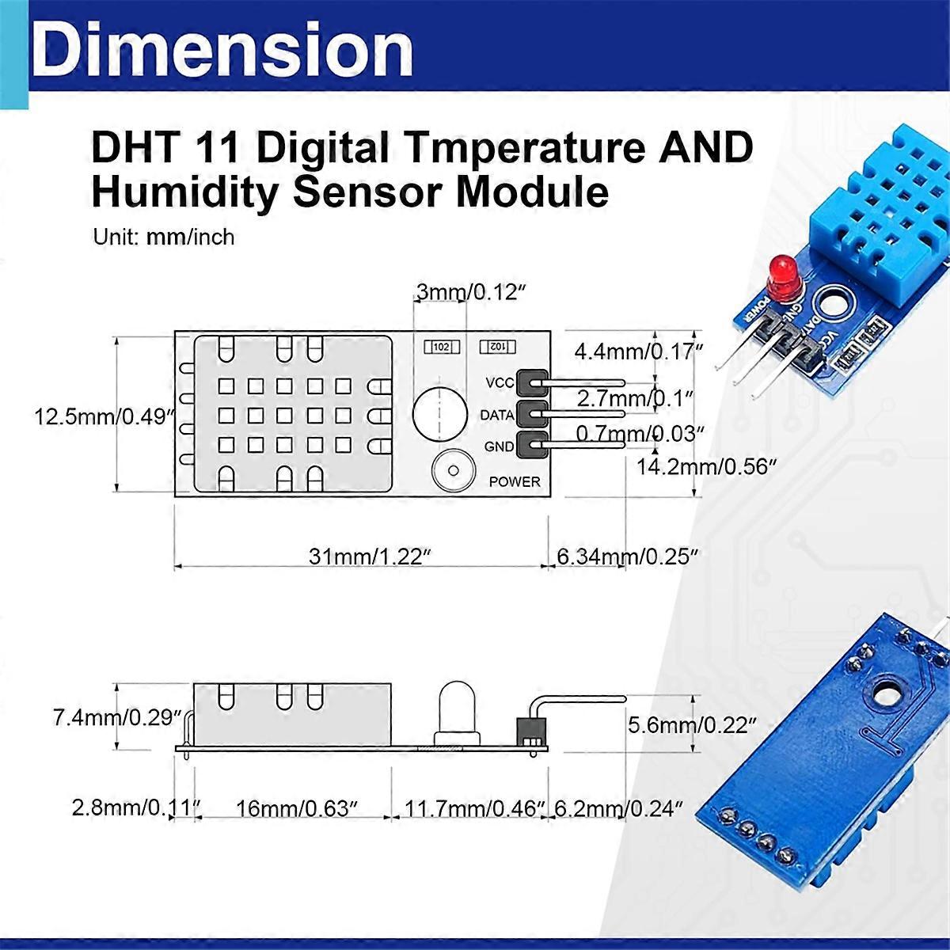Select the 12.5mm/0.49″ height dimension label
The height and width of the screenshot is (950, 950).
[104, 416]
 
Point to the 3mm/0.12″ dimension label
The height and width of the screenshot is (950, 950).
[472, 292]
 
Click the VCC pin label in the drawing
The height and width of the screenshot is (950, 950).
[500, 383]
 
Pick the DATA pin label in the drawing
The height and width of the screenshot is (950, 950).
[497, 414]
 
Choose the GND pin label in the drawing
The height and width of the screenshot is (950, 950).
[499, 446]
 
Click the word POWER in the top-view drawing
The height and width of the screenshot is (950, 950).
[515, 481]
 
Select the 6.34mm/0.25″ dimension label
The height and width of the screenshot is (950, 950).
[627, 557]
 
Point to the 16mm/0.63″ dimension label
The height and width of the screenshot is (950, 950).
[296, 808]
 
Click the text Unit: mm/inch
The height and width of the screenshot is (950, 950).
[163, 237]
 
